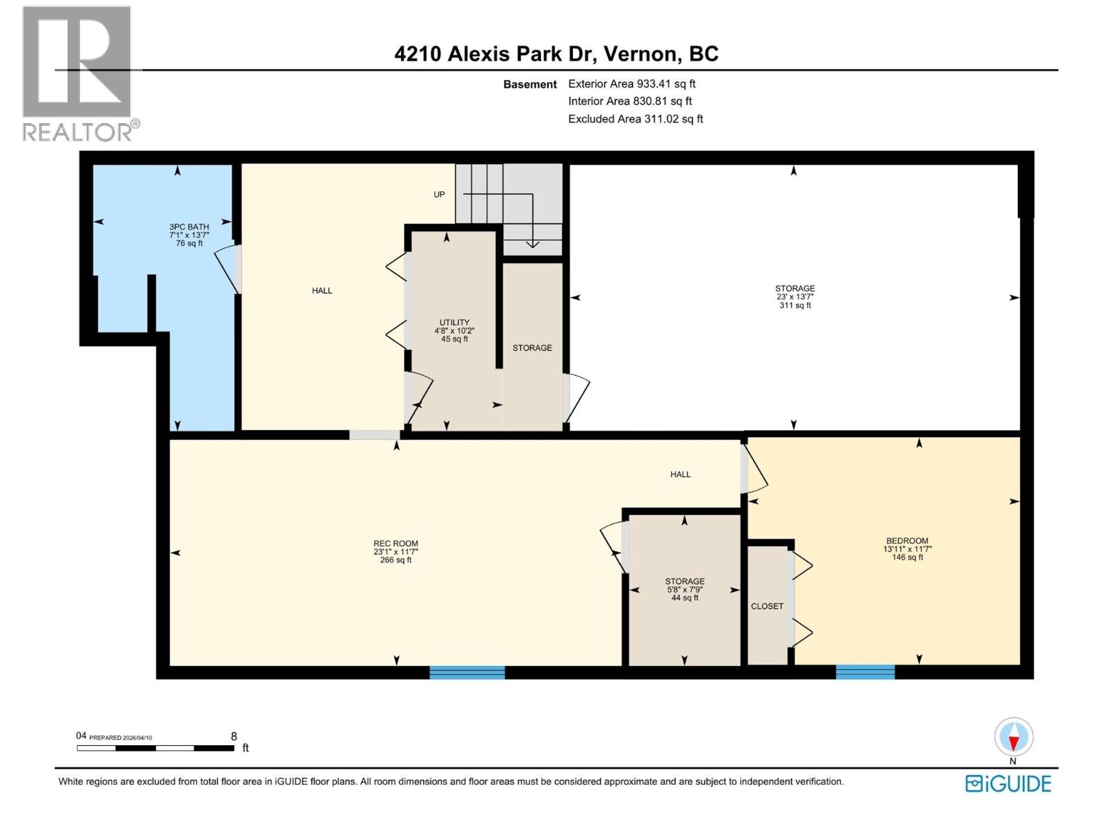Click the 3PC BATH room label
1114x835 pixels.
189,227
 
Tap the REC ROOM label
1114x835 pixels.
395,544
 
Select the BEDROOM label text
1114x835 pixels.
907,541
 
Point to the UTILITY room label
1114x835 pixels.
454,323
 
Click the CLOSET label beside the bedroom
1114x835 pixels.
767,607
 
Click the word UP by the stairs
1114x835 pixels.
439,195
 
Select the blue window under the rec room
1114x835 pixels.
467,672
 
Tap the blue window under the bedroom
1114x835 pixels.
865,672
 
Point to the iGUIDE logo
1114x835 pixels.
1008,784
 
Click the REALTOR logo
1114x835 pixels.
77,73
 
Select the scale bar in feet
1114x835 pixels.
155,748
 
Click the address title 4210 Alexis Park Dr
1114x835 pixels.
556,54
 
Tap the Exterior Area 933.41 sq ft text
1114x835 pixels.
631,84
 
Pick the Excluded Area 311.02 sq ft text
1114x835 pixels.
635,119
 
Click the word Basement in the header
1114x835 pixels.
530,85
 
